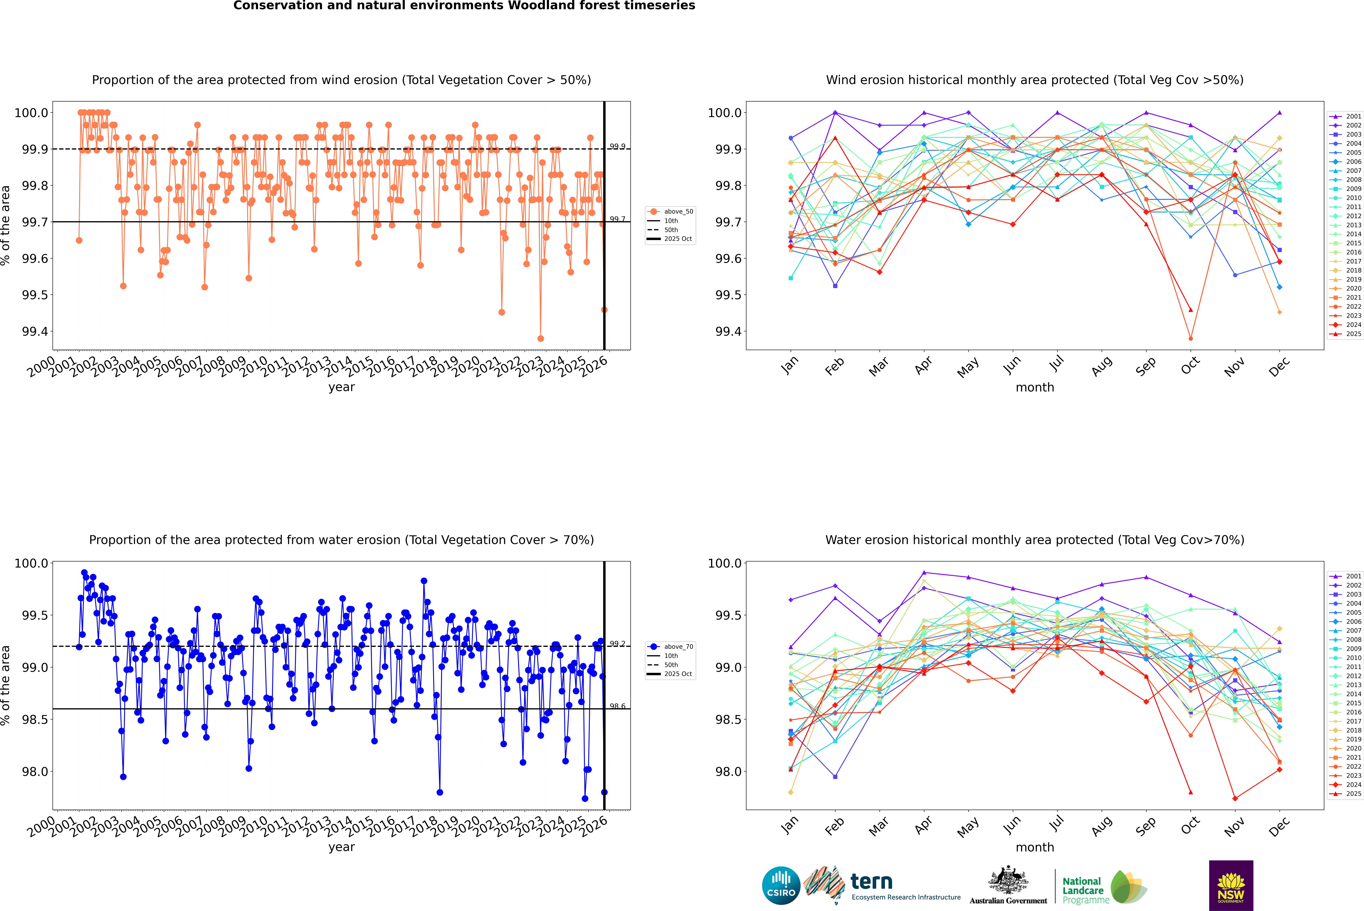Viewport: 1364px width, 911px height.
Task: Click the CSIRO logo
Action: click(x=781, y=885)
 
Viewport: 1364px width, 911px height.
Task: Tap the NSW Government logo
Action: click(x=1231, y=885)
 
